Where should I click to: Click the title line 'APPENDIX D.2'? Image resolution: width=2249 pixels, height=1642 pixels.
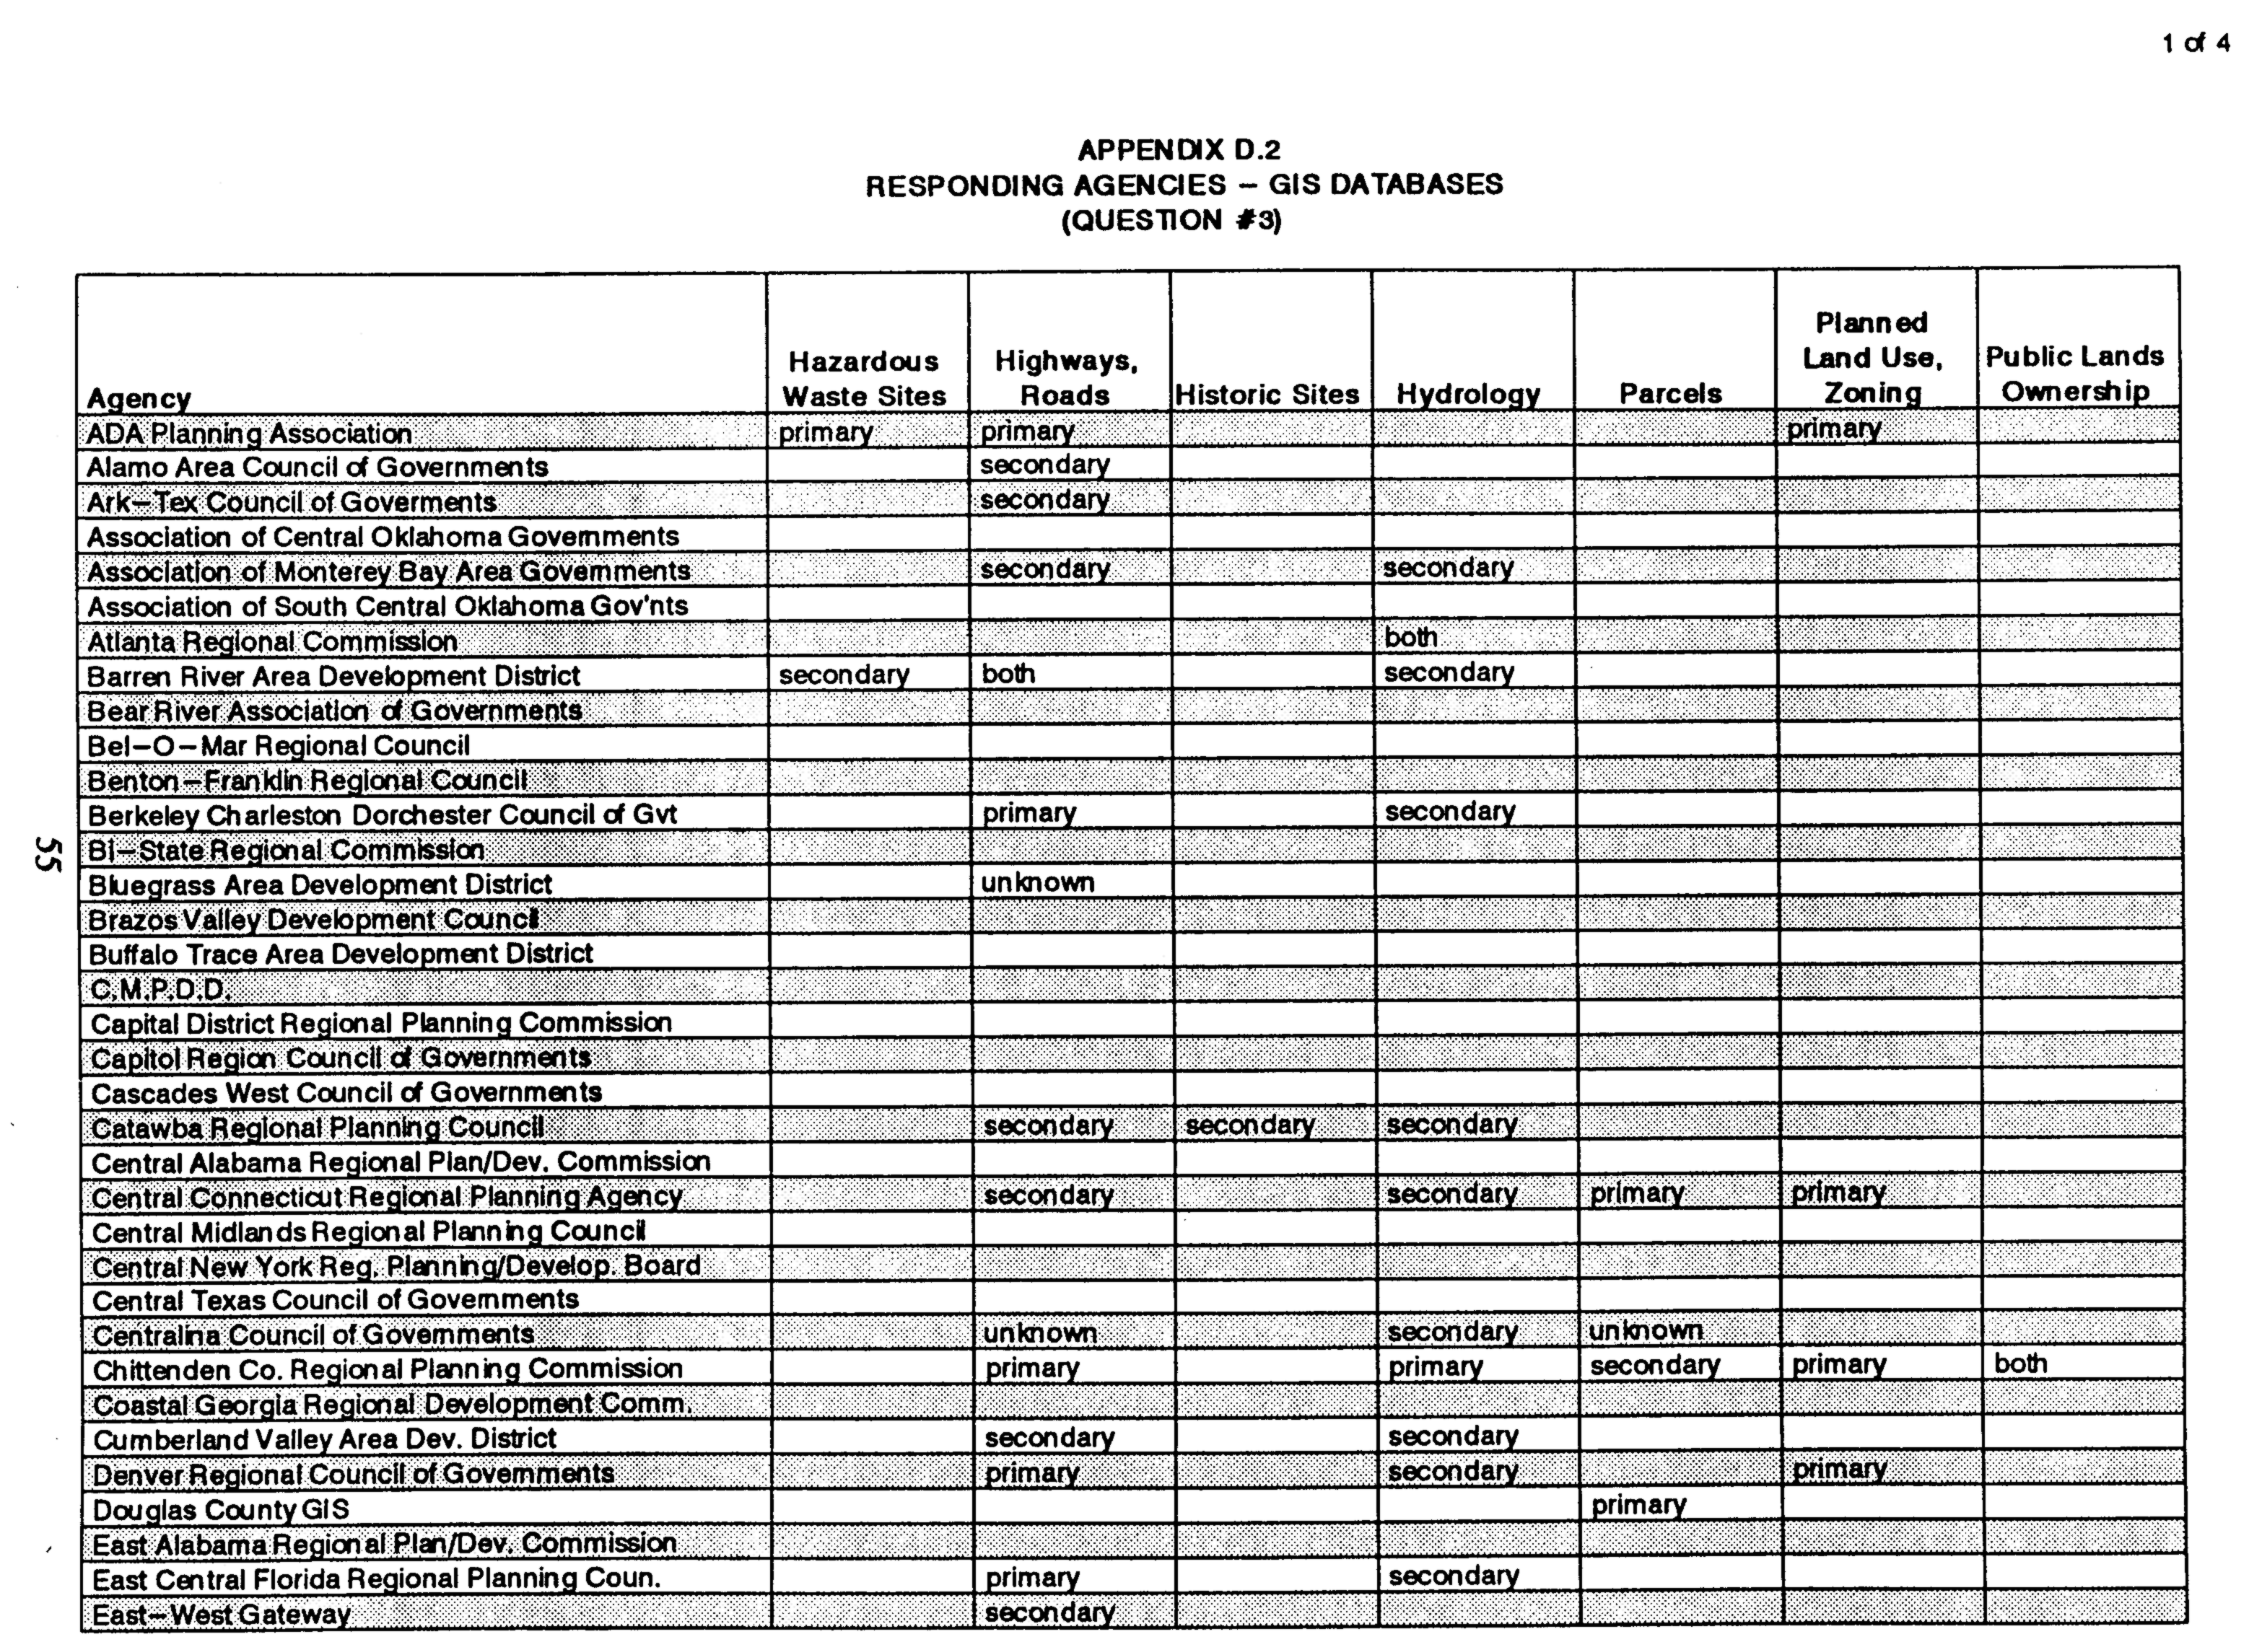1179,150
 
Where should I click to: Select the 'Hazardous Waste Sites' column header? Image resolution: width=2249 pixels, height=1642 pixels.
863,379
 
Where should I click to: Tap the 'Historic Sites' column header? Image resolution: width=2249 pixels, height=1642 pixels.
1267,395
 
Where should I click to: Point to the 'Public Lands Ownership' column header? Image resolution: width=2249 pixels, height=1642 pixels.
2074,374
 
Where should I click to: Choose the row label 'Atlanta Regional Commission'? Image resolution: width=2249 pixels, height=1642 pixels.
272,641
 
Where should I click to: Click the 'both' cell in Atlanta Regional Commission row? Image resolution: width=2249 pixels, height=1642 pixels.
1411,637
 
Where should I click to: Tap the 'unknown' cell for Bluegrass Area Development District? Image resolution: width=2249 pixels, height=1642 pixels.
1037,882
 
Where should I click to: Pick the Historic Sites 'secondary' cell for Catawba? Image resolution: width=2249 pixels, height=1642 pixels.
1250,1125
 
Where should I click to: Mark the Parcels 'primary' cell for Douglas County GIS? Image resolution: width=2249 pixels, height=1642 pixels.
1638,1505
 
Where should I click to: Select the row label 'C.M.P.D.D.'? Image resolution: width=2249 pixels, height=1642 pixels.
160,989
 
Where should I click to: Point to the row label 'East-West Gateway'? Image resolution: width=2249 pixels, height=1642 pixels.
221,1613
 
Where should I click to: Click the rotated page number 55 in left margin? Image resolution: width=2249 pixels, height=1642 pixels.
45,853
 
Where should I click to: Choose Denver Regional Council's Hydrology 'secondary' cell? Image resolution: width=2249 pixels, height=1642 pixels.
1453,1471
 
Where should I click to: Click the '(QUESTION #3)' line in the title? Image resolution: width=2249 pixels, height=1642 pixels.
1171,219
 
